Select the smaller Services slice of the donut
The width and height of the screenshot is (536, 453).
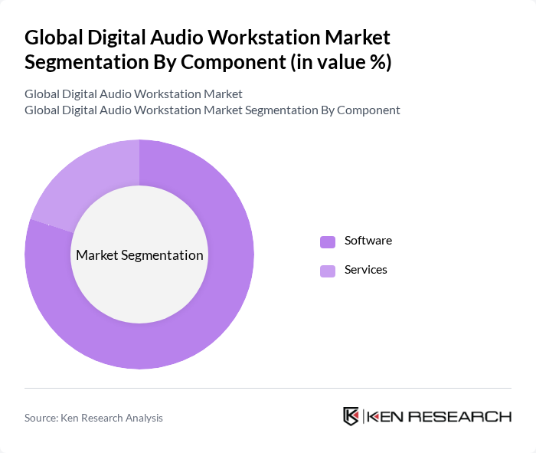(77, 184)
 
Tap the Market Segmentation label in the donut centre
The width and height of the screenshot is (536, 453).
(139, 255)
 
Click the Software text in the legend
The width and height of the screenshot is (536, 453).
(368, 241)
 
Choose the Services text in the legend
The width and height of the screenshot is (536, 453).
(365, 270)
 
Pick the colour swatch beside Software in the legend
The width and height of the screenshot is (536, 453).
(328, 241)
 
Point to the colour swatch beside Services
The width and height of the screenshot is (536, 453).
(328, 271)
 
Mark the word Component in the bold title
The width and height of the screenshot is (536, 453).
(230, 62)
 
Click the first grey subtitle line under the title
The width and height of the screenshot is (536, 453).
(133, 94)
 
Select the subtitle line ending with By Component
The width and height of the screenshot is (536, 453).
(212, 110)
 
